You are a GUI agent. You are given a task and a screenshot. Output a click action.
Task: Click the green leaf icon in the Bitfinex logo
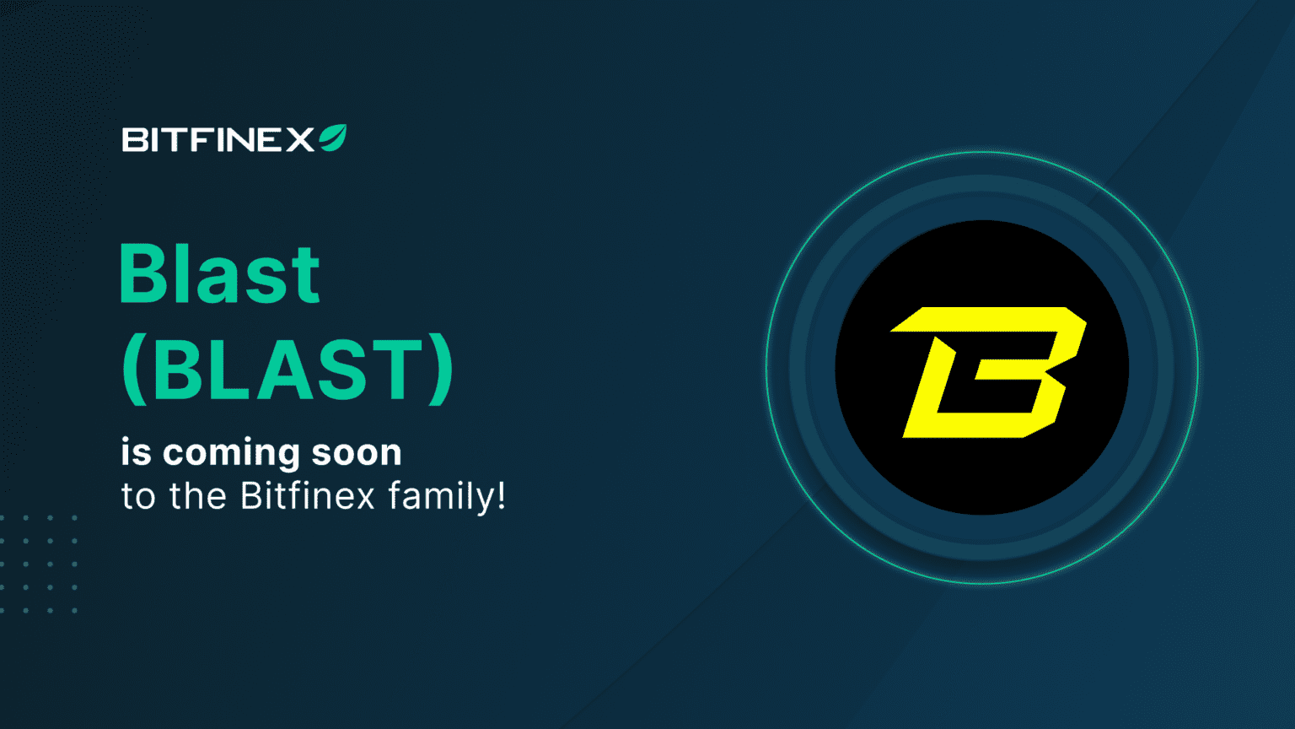[333, 138]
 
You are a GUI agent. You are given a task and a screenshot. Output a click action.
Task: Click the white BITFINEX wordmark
[218, 140]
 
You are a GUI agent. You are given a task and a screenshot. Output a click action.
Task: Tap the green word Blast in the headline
[219, 274]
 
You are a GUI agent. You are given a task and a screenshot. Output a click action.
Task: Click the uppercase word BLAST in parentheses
[287, 370]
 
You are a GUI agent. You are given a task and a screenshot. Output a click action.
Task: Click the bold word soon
[357, 452]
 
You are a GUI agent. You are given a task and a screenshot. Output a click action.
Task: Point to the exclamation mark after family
[502, 495]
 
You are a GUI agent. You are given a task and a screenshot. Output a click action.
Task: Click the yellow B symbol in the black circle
[987, 372]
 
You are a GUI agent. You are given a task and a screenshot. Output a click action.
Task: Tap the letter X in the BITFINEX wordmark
[299, 140]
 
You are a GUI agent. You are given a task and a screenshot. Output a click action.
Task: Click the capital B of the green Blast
[145, 274]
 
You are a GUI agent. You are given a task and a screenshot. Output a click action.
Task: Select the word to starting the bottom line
[138, 496]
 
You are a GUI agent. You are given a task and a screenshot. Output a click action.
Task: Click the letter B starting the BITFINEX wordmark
[135, 140]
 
